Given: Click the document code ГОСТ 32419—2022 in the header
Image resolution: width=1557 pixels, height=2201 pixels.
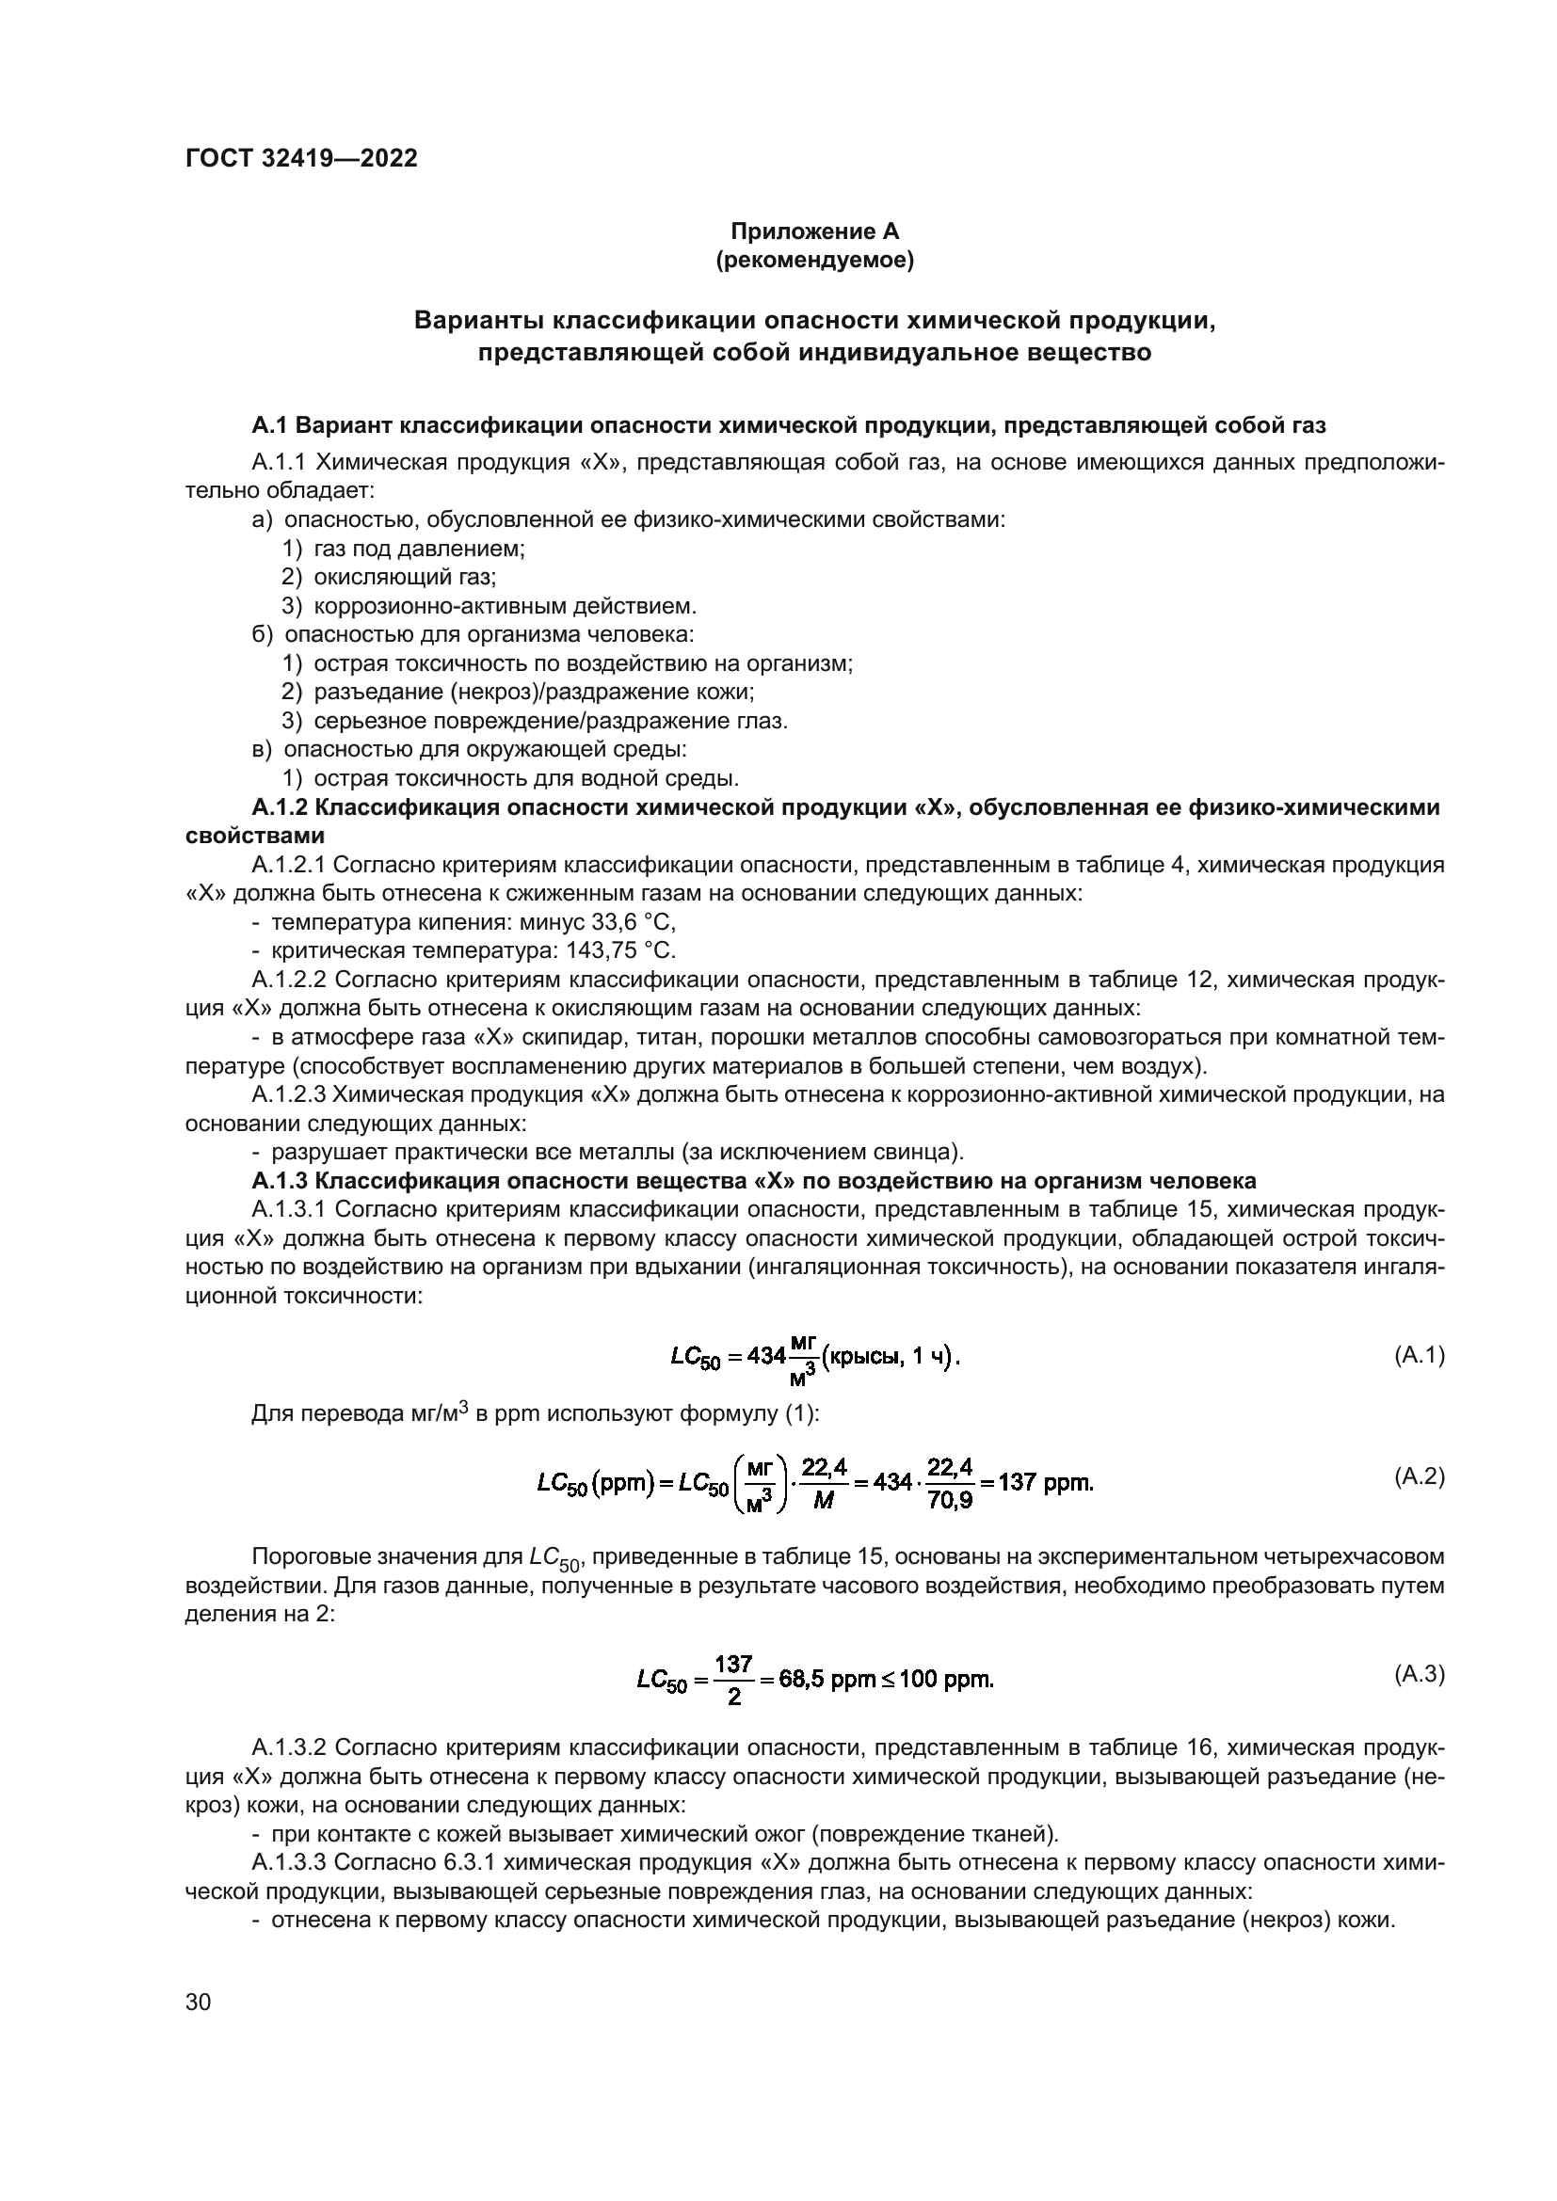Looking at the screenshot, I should [x=301, y=158].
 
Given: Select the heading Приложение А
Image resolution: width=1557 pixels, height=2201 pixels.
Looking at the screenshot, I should [x=815, y=231].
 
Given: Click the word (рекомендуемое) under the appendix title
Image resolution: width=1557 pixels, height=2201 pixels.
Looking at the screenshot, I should [x=815, y=260].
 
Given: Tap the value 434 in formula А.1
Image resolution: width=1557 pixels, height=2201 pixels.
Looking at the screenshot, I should [x=766, y=1357].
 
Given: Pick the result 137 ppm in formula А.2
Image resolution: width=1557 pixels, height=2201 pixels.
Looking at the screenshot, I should [x=1045, y=1483].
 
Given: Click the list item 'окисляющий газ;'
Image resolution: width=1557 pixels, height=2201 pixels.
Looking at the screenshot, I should [x=405, y=577].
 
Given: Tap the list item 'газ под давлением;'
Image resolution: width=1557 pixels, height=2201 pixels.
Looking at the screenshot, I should [x=419, y=549].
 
